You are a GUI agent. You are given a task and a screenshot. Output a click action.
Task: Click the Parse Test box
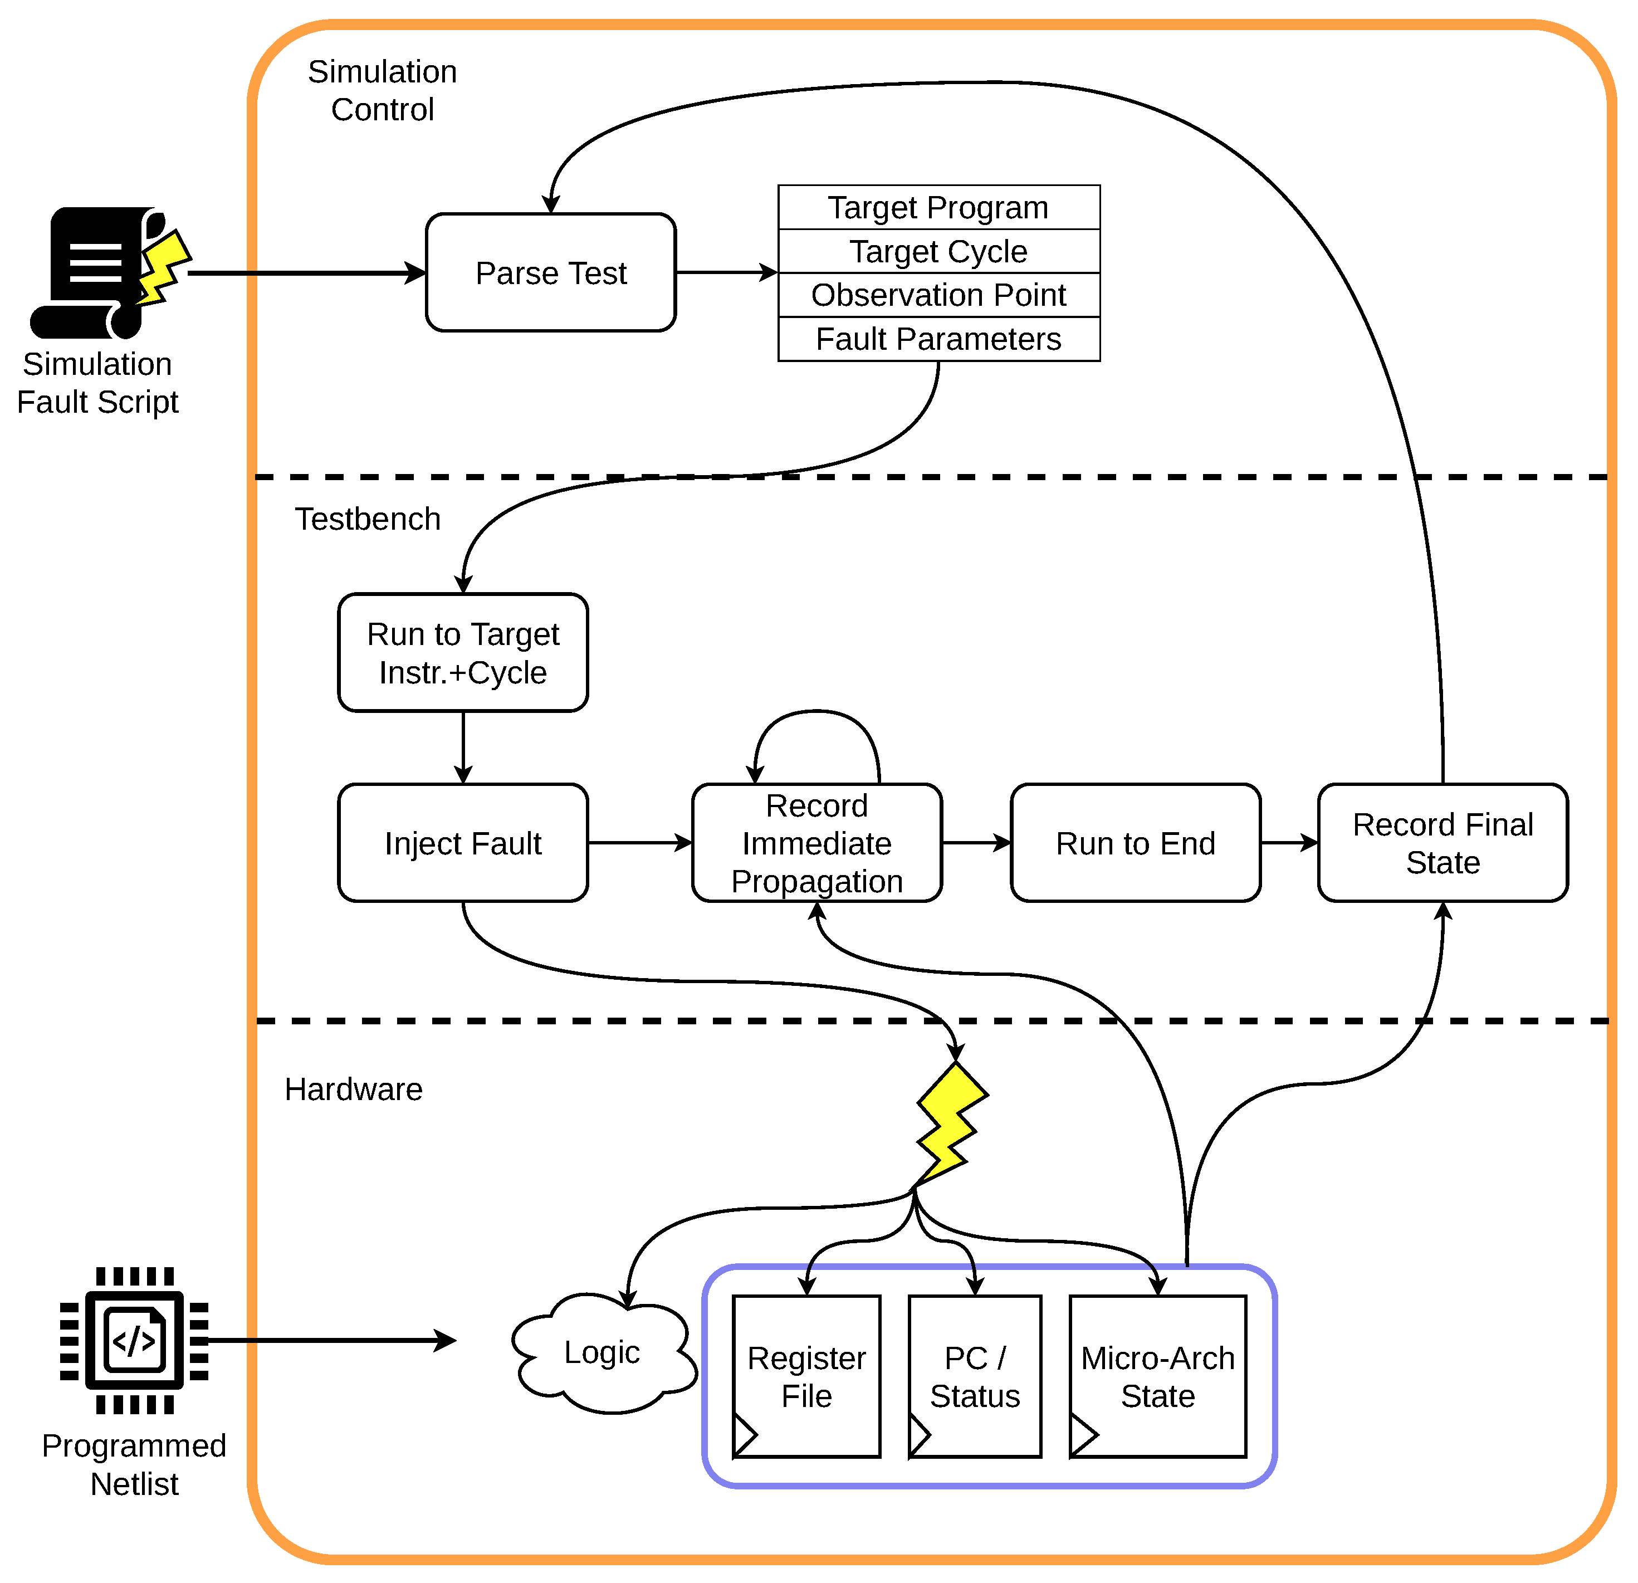click(x=551, y=272)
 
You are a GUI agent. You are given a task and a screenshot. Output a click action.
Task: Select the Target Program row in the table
click(x=938, y=207)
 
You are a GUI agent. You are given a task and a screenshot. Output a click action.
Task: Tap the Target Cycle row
click(x=938, y=251)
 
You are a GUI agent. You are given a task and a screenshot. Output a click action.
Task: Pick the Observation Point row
click(x=938, y=295)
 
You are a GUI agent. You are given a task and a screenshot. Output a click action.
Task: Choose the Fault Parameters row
click(x=938, y=339)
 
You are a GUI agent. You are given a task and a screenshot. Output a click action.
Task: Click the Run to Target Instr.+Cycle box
click(x=463, y=653)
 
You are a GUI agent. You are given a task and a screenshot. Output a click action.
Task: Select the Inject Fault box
click(x=463, y=843)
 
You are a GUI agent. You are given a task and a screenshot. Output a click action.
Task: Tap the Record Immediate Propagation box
click(x=816, y=843)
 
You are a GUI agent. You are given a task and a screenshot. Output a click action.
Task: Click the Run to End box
click(x=1135, y=843)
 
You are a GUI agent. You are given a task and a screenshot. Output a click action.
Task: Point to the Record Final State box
click(x=1443, y=843)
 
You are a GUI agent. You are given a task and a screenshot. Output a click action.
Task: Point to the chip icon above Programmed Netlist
click(x=134, y=1341)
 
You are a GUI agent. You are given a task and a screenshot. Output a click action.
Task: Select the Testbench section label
click(x=368, y=519)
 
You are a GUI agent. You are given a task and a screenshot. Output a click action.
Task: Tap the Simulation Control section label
click(x=382, y=90)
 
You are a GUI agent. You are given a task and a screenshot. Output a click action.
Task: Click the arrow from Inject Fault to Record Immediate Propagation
click(x=639, y=843)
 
